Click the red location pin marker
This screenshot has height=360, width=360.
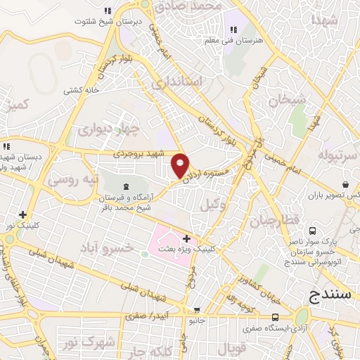coord(181,165)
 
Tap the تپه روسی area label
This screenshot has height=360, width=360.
coord(68,179)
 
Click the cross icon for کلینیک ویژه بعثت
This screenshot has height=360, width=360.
coord(186,239)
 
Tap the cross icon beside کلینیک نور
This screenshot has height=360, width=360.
coord(23,214)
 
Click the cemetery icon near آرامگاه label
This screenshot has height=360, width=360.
coord(126,186)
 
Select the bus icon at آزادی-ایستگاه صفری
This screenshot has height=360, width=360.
coord(275,317)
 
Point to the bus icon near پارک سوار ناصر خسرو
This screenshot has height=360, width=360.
coord(311,231)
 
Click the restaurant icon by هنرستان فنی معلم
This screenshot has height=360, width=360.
coord(233,30)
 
